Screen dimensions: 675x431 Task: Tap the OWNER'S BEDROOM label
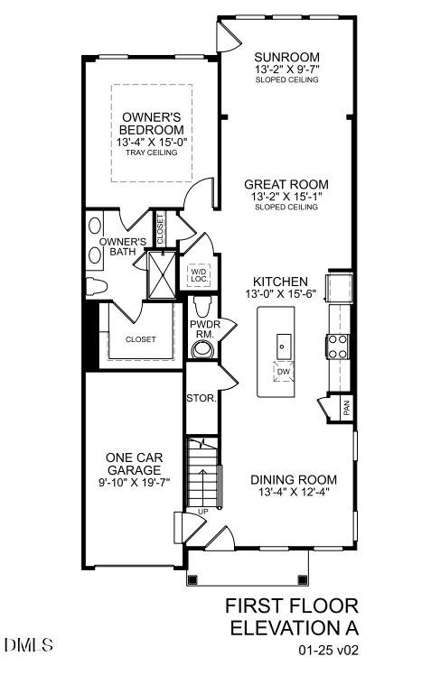click(151, 124)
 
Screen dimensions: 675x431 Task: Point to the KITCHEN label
click(281, 282)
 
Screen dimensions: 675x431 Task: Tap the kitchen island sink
click(281, 343)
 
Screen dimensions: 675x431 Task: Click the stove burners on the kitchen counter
click(338, 347)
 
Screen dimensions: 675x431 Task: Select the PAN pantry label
click(346, 409)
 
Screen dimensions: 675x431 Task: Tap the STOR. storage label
click(200, 398)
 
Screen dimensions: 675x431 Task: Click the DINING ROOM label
click(295, 479)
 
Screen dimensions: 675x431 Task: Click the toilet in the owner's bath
click(98, 288)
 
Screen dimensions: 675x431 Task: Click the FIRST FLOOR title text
click(292, 605)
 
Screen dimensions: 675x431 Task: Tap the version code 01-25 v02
click(330, 649)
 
